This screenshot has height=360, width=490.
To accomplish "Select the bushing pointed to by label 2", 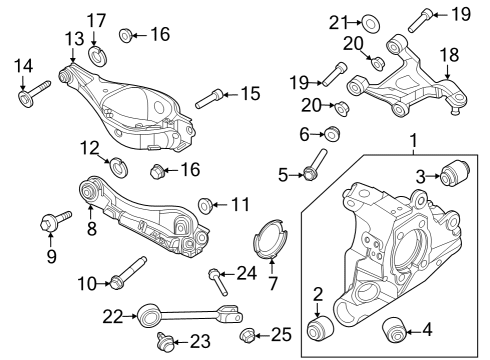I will tap(320, 328).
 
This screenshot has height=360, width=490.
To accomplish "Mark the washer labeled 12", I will tap(115, 165).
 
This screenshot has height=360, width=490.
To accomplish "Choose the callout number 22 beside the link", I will tap(112, 317).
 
